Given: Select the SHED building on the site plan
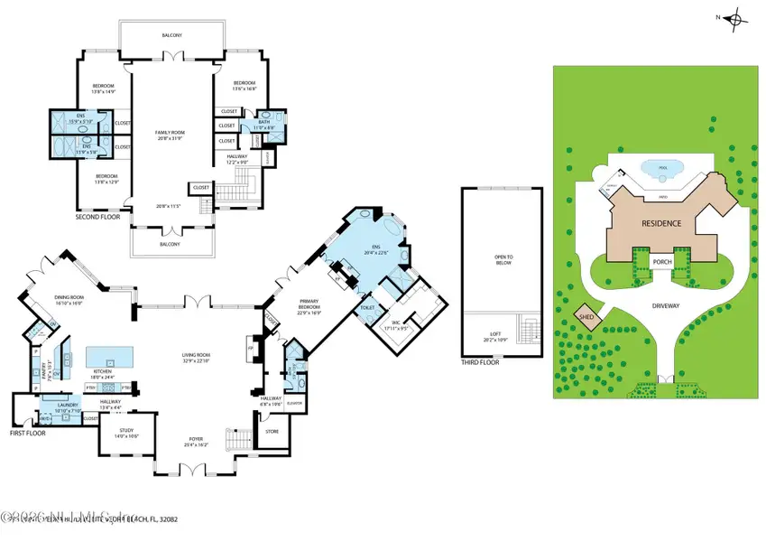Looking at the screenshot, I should (x=586, y=315).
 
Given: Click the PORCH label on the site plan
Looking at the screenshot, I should (x=663, y=263).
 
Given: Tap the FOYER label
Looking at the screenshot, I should (x=196, y=442).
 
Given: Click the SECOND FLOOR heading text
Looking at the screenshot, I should (x=98, y=218).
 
